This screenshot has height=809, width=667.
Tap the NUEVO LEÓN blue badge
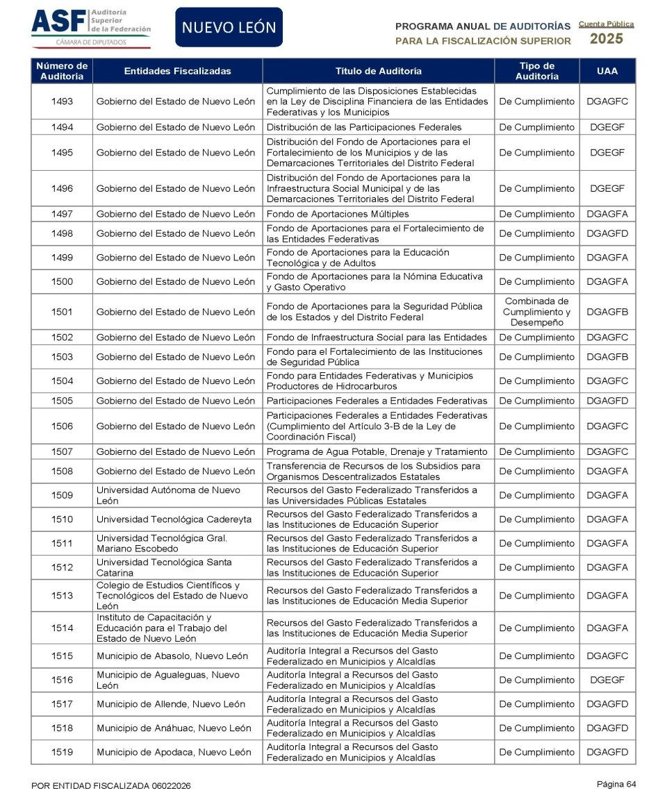point(229,28)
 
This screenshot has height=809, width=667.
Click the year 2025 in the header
point(606,39)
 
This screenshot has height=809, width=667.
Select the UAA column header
point(607,71)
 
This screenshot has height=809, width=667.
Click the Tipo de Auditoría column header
point(536,71)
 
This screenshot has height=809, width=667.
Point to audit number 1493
point(62,101)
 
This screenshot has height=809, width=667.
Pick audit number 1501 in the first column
point(62,312)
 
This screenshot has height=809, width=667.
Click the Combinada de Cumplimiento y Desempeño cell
point(536,312)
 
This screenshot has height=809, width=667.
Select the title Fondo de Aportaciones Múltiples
point(338,214)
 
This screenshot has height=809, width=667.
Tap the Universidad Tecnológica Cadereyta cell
point(170,519)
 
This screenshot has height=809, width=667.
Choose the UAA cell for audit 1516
point(607,680)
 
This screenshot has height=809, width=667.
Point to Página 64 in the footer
point(616,784)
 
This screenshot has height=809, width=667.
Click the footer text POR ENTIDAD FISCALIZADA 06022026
point(111,785)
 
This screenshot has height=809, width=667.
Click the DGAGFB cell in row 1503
point(607,357)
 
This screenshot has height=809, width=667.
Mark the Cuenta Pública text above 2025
point(606,24)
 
